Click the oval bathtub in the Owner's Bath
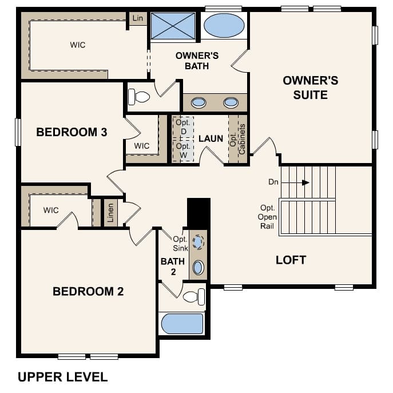coord(224,25)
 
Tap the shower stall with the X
coord(173,26)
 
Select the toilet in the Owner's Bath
coord(139,97)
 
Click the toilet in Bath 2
coord(194,297)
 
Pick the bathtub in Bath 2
coord(182,323)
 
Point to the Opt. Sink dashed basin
coord(198,242)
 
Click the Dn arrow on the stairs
coord(295,182)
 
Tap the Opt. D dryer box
coord(183,128)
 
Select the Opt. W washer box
coord(183,150)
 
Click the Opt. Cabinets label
coord(237,139)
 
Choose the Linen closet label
coord(110,213)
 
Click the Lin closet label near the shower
coord(138,18)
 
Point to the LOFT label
coord(291,260)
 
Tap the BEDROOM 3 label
coord(72,132)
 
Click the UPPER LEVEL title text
coord(63,377)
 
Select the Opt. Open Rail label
coord(267,217)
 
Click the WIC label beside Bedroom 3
coord(142,146)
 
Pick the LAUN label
coord(211,138)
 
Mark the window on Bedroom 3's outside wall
coord(18,132)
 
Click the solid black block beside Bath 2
coord(199,214)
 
